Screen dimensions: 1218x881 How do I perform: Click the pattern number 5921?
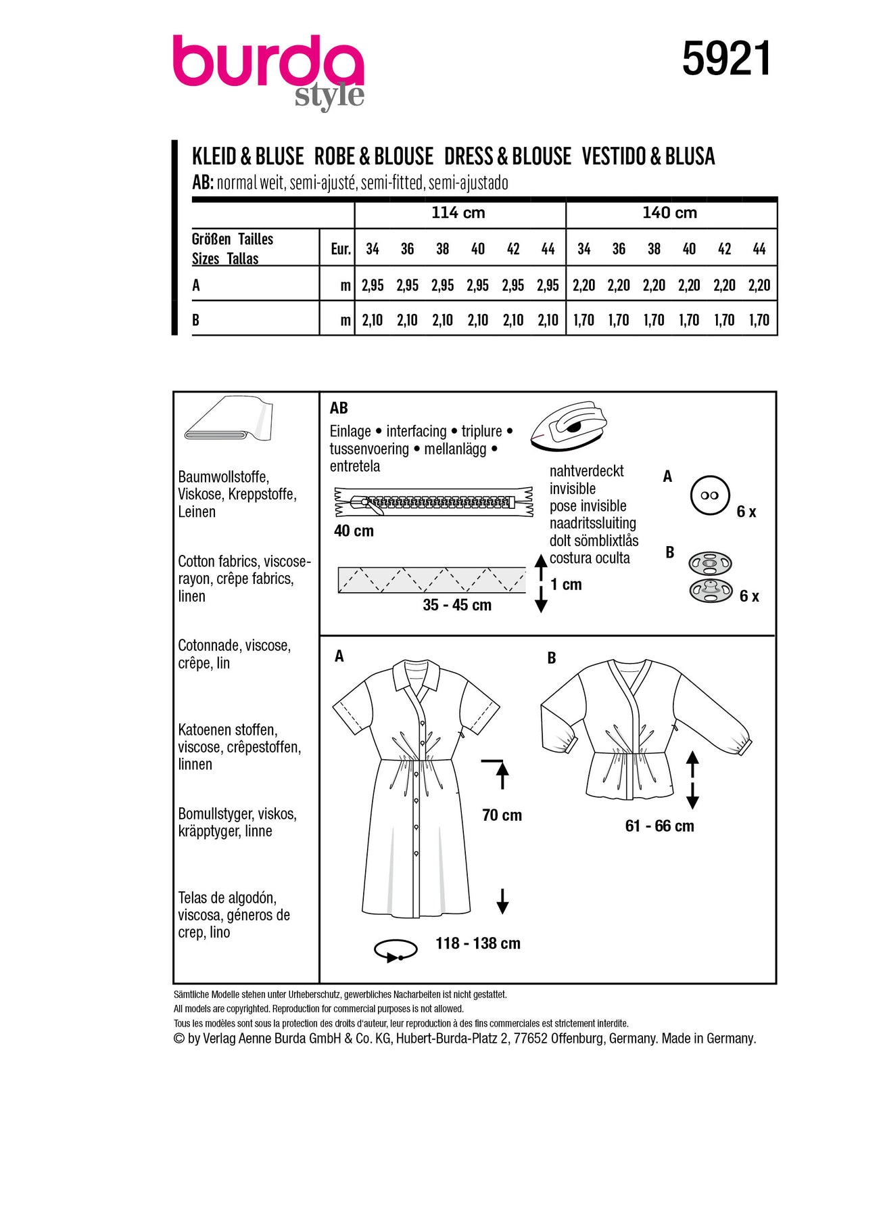pos(726,60)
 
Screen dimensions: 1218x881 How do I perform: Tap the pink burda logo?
pos(268,64)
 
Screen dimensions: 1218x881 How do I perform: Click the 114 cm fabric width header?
pos(458,213)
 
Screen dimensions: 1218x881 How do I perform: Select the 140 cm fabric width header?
pos(669,213)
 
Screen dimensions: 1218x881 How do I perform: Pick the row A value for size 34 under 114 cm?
pos(373,286)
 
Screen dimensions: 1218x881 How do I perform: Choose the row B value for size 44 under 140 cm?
pos(759,320)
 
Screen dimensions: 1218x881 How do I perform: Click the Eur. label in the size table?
pos(341,249)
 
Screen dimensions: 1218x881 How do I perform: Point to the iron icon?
pos(567,426)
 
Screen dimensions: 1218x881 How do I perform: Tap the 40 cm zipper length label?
pos(354,531)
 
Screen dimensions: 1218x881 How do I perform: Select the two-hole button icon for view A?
pos(710,495)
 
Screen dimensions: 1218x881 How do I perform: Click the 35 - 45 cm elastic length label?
pos(457,606)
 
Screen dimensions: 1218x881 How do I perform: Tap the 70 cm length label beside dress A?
pos(502,815)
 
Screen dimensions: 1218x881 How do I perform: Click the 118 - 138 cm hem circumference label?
pos(478,943)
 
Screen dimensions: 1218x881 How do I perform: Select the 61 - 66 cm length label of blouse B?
pos(659,826)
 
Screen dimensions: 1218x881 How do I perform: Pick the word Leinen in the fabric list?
pos(197,512)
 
